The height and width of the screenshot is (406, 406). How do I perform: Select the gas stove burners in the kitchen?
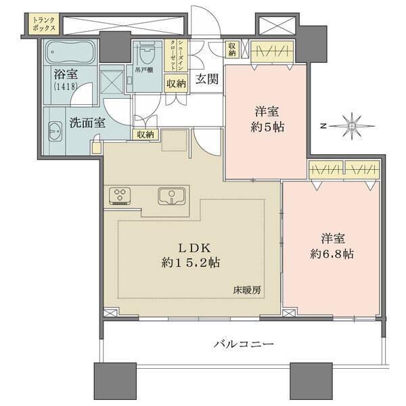coord(121,196)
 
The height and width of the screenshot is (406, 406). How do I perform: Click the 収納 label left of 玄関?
coord(176,84)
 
